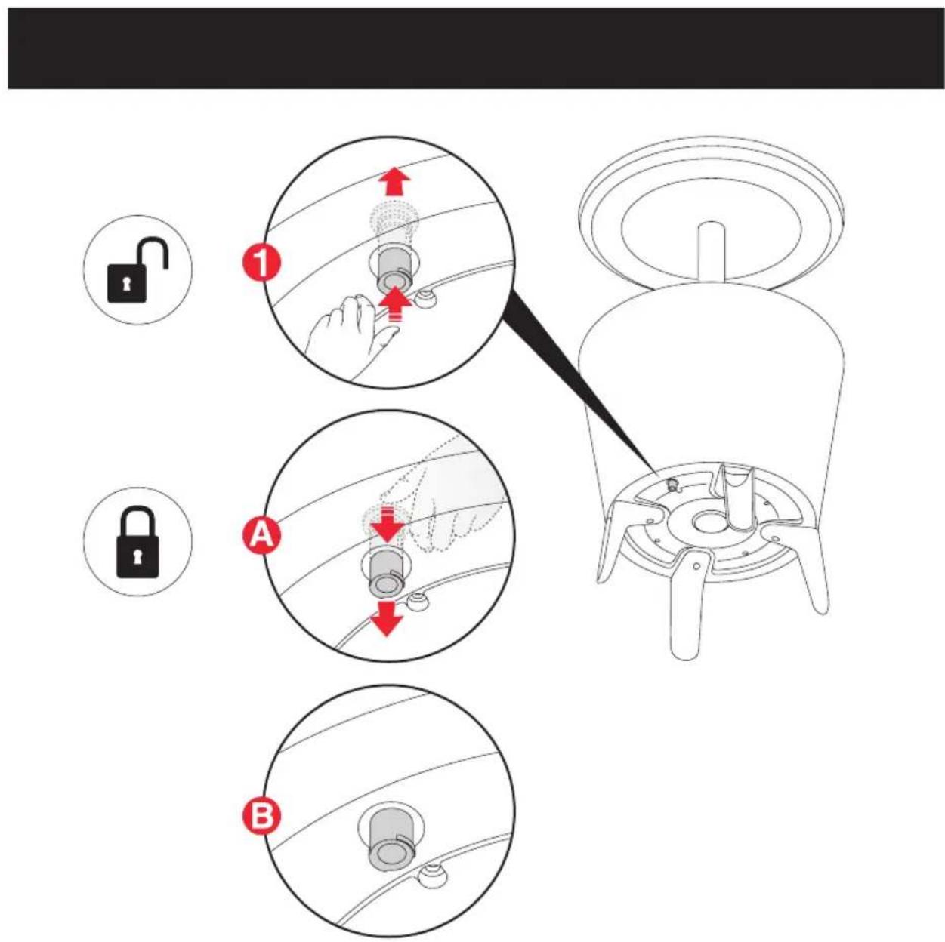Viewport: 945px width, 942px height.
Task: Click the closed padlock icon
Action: [137, 542]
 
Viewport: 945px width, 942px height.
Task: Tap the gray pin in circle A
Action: [387, 572]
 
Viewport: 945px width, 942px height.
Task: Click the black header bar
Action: [476, 48]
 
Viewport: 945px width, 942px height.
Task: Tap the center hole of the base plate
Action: [706, 523]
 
